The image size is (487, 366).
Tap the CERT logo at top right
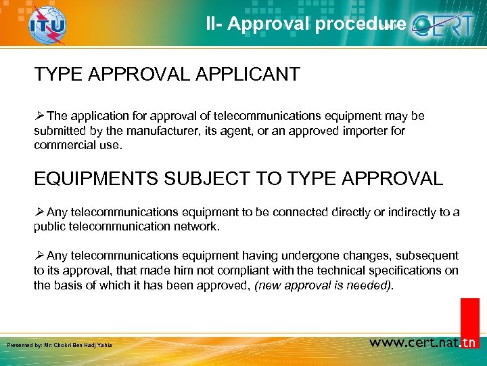(x=446, y=25)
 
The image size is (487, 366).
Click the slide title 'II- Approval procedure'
(x=306, y=24)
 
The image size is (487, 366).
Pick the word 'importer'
(x=363, y=131)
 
